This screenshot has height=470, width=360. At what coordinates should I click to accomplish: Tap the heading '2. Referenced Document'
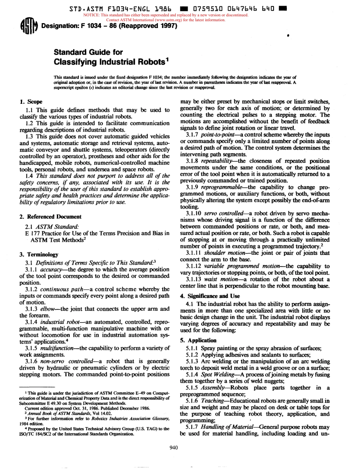click(x=50, y=216)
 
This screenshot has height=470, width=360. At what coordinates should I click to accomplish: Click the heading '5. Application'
click(x=199, y=340)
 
